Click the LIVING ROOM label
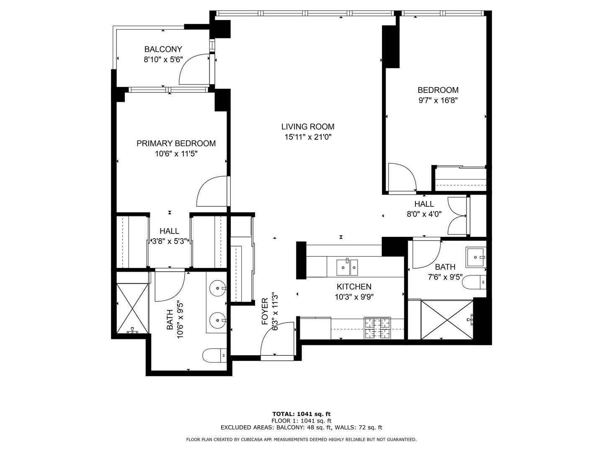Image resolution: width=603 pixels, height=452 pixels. [307, 126]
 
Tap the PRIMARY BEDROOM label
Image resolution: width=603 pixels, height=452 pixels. [176, 144]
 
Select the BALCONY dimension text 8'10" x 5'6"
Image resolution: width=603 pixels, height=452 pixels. [163, 60]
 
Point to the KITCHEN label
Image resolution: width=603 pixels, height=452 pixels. [354, 287]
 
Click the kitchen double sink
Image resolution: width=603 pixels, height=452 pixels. [347, 267]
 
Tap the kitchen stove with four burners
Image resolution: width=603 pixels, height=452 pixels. [377, 328]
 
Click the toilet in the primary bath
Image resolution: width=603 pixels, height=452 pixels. [214, 356]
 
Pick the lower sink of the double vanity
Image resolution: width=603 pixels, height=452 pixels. [218, 321]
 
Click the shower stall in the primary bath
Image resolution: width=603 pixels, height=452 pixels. [132, 308]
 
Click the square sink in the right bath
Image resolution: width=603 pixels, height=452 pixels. [476, 257]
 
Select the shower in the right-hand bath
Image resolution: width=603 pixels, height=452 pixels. [447, 320]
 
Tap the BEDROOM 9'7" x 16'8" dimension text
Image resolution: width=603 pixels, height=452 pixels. [438, 100]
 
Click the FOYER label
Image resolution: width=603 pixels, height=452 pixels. [265, 312]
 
